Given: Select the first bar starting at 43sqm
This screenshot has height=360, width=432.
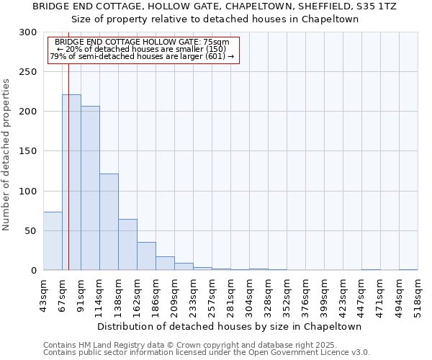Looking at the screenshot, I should click(53, 241).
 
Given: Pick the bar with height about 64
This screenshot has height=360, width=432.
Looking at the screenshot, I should click(127, 245).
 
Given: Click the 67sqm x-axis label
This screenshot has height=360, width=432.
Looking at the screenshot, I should click(62, 293).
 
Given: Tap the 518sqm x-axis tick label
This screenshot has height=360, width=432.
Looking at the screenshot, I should click(418, 293).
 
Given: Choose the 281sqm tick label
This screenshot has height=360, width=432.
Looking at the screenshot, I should click(230, 293).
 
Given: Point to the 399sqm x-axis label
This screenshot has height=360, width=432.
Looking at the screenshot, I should click(324, 293).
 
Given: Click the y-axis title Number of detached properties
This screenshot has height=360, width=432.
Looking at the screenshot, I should click(7, 155).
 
